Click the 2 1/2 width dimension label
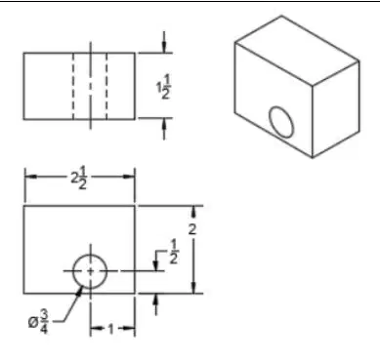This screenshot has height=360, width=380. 79,178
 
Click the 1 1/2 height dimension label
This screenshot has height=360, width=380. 163,87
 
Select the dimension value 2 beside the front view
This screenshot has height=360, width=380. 192,229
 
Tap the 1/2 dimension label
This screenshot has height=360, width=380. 174,252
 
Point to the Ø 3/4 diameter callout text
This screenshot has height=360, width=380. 38,322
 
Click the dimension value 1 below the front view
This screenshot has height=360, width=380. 111,329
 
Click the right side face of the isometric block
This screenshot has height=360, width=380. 336,109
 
